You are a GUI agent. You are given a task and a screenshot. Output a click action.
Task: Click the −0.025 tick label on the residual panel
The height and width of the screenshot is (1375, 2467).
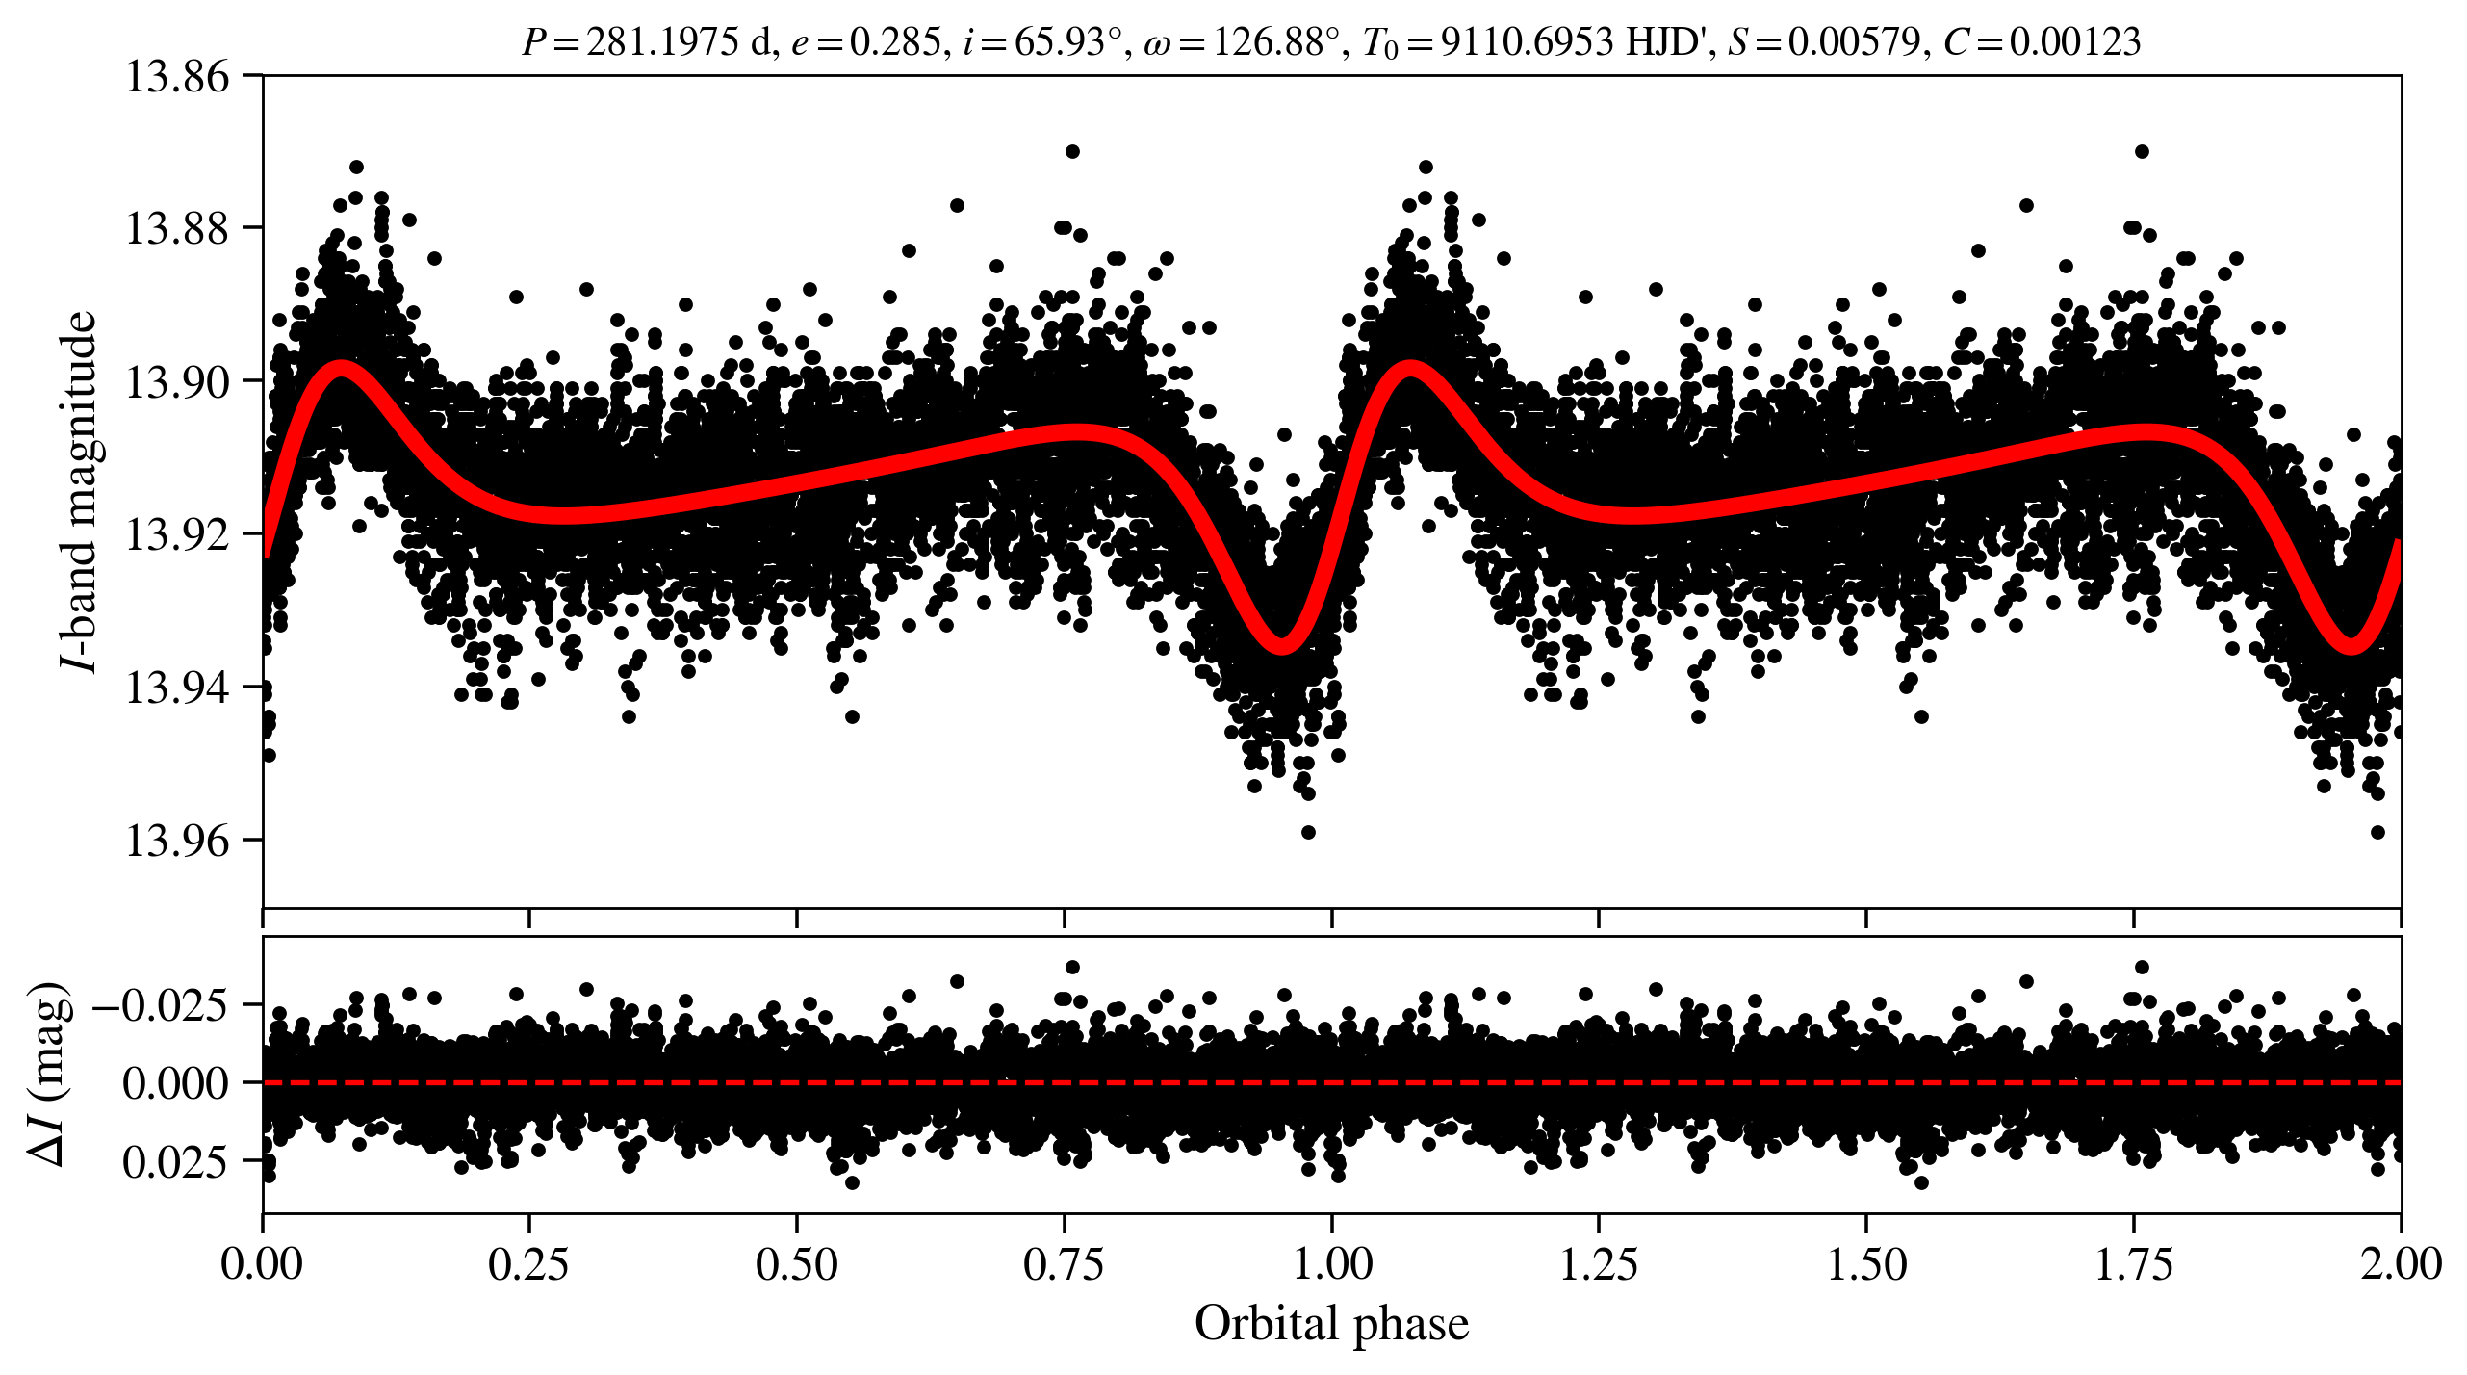click(x=161, y=1005)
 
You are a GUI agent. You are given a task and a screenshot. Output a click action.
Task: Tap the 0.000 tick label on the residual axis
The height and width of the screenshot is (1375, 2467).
click(x=176, y=1083)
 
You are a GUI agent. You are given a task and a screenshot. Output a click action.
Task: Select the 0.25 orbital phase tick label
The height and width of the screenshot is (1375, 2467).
click(x=529, y=1264)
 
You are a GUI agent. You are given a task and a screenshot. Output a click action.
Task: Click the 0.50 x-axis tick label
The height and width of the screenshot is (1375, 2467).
click(x=797, y=1264)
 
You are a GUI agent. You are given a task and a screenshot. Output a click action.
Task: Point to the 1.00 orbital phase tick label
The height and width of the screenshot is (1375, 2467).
click(x=1332, y=1264)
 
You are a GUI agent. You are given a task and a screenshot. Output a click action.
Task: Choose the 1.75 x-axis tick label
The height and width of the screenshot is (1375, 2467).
click(x=2134, y=1264)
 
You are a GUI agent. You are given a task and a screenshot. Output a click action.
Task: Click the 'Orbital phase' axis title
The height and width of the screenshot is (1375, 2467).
click(x=1332, y=1324)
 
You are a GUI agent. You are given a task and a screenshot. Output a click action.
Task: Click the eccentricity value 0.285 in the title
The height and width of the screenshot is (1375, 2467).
click(x=895, y=42)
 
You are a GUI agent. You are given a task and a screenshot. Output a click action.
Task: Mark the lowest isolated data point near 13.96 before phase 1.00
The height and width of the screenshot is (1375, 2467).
click(x=1308, y=832)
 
